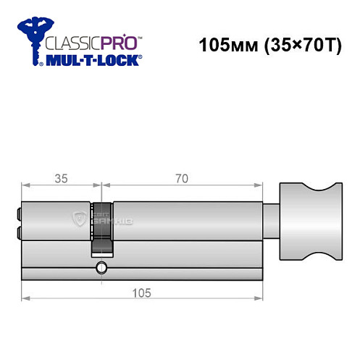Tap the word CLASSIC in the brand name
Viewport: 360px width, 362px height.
70,42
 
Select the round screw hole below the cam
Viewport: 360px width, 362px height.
101,269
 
